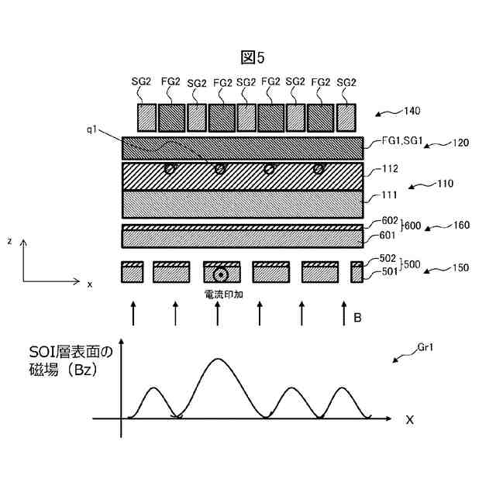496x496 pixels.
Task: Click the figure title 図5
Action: pos(253,57)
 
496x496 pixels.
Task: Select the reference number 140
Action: pos(412,112)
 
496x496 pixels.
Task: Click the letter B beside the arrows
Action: pos(357,318)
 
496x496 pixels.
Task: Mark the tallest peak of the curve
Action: pos(219,359)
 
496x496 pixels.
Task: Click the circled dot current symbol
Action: pos(221,274)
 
